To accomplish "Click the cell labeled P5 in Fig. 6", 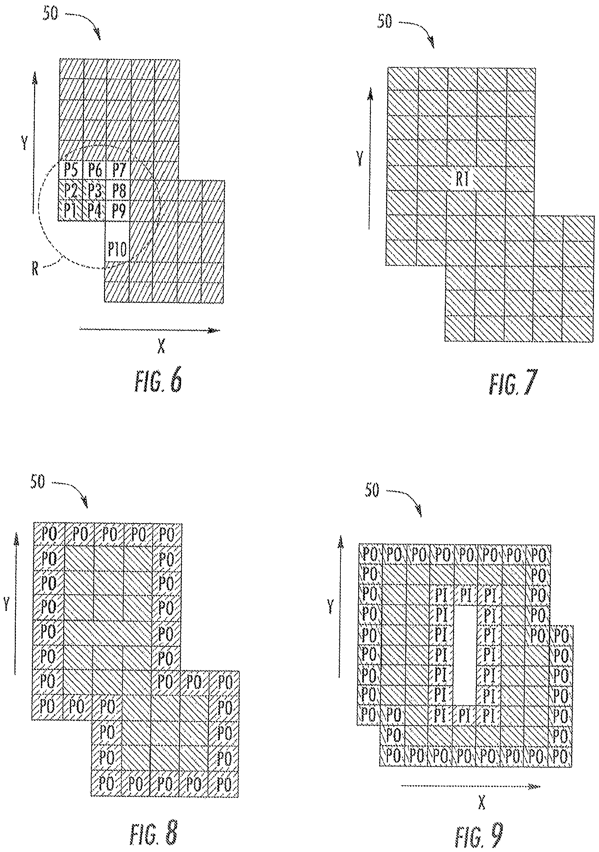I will point(70,170).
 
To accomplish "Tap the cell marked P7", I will point(118,170).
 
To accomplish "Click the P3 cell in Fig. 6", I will point(95,191).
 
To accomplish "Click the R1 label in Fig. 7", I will point(462,179).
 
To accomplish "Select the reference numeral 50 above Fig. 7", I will point(385,22).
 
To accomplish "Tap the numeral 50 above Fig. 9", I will point(372,491).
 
